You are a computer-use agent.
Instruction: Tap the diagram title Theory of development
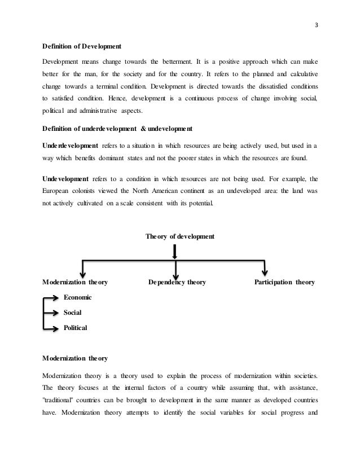[179, 236]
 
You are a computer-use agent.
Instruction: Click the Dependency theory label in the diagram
[177, 282]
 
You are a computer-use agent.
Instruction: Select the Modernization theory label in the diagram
[76, 282]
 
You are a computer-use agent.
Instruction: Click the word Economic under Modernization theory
[78, 297]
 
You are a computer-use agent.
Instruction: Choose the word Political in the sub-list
[76, 327]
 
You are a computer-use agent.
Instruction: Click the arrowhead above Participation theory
[264, 271]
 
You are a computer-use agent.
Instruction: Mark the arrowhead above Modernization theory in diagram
[83, 271]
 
